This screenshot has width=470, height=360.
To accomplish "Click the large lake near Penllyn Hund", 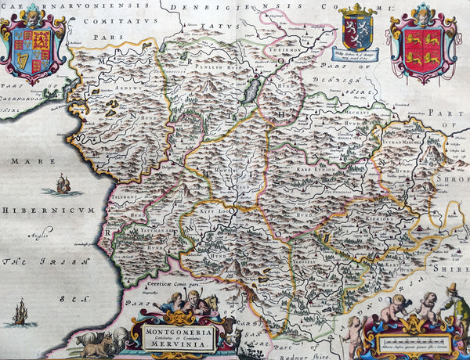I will (x=251, y=88).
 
